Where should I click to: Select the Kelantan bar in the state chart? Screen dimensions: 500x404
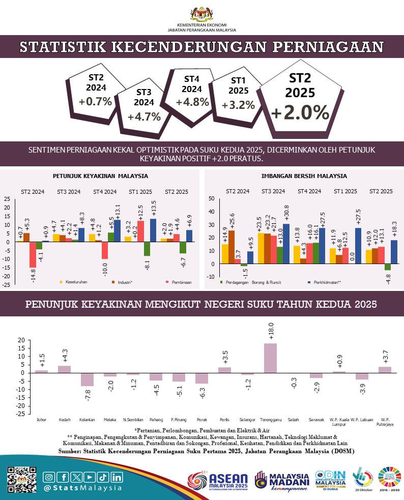point(88,379)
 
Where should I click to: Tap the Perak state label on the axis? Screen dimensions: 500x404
point(201,420)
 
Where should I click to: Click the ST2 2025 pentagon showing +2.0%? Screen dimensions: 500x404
point(300,99)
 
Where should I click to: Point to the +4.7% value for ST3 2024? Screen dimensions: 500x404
point(144,116)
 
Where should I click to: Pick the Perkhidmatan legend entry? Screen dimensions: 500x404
point(325,282)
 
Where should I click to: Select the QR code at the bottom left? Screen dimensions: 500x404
point(22,480)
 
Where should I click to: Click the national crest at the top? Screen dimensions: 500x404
point(201,13)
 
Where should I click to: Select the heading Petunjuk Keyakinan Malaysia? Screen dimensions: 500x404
point(100,176)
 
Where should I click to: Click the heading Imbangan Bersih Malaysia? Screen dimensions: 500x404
point(304,176)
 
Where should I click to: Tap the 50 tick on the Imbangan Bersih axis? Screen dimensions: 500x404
point(212,198)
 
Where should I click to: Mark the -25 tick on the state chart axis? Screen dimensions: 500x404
point(21,414)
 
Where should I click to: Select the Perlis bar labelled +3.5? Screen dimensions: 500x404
point(224,370)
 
